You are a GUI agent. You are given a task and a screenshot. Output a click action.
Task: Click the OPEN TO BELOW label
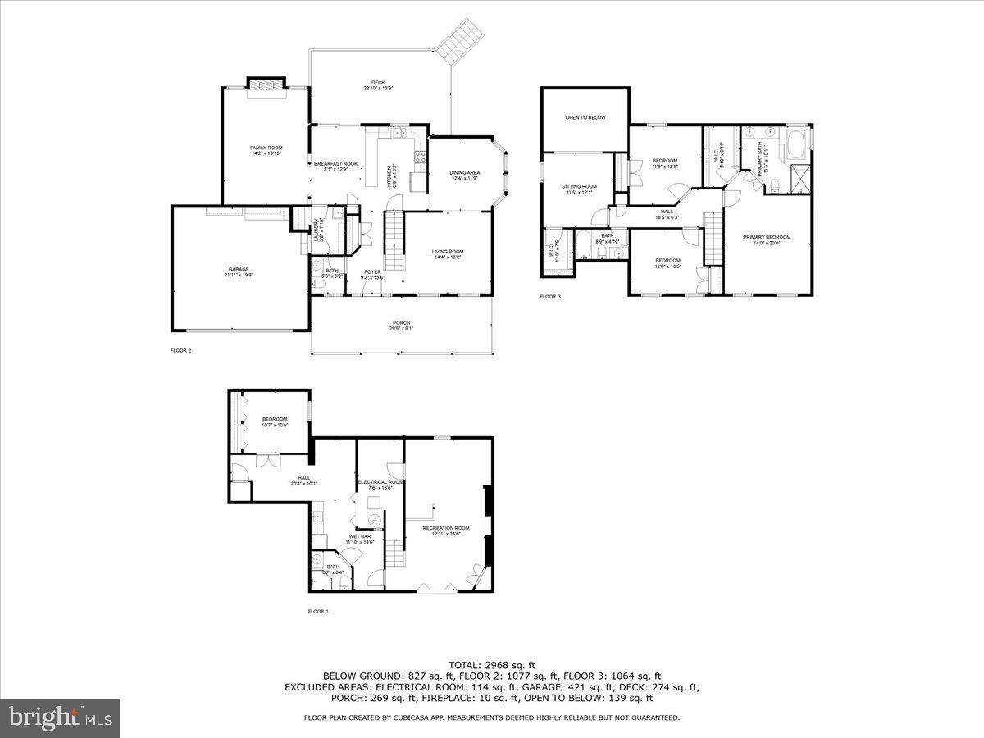coord(585,117)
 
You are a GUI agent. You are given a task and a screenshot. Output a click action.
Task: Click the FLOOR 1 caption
coord(318,611)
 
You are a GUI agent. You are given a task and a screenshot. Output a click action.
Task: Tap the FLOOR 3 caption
coord(550,296)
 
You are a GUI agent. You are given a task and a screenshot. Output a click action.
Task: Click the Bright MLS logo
coord(61,718)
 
